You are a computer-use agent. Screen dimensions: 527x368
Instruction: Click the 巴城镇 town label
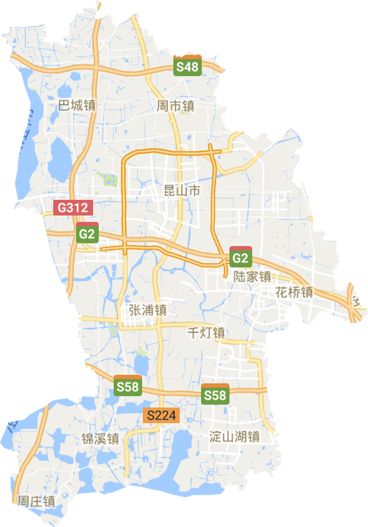tap(77, 105)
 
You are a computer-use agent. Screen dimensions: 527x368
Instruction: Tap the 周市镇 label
tap(176, 105)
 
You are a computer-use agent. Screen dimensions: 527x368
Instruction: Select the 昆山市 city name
tap(181, 191)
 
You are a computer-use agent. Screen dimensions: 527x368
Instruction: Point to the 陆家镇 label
tap(252, 276)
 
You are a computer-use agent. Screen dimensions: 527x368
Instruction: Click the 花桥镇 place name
tap(295, 292)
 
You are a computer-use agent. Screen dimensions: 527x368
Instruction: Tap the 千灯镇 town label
tap(207, 332)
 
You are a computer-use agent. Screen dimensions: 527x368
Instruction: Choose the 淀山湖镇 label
tap(235, 436)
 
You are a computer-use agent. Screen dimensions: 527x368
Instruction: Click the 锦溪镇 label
tap(101, 439)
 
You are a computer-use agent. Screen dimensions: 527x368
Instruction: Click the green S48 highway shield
tap(188, 66)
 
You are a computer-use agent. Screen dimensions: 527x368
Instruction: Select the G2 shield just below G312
tap(87, 233)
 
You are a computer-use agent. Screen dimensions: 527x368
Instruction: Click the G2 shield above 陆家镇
tap(241, 256)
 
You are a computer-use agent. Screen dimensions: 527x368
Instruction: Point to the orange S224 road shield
tap(161, 416)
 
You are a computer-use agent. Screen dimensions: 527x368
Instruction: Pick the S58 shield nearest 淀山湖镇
tap(215, 394)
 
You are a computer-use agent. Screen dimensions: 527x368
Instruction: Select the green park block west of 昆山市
tap(109, 180)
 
